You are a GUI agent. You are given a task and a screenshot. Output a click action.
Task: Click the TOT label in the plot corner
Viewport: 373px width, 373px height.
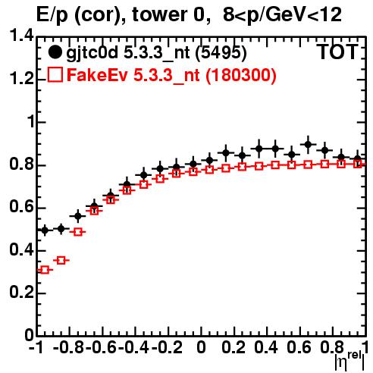[337, 52]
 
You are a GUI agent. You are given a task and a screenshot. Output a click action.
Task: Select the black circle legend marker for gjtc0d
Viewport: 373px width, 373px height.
[55, 52]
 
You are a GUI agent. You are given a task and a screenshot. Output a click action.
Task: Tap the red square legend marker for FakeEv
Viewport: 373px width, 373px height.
[55, 75]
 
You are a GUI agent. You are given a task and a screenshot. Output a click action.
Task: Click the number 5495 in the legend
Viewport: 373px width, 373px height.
[221, 52]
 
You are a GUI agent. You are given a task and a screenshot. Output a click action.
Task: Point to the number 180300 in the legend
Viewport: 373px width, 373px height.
[240, 75]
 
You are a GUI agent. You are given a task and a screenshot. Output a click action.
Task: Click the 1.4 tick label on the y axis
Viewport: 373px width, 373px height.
[21, 36]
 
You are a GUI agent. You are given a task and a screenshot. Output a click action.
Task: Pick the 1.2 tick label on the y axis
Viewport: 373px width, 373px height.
[21, 79]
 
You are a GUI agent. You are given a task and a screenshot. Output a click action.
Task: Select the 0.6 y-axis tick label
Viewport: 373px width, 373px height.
[21, 207]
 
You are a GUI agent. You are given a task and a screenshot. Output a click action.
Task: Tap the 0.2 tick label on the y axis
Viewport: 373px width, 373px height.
[21, 293]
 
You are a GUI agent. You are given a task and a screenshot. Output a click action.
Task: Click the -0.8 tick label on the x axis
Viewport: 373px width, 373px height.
[69, 347]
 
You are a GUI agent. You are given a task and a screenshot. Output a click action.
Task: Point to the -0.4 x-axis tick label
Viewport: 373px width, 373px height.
[134, 347]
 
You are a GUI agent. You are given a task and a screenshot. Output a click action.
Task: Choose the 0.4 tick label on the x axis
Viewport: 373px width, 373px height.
[266, 347]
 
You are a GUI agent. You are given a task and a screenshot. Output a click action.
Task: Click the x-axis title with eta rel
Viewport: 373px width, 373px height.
[349, 360]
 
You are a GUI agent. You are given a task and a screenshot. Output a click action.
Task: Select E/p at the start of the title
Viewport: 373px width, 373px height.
[52, 15]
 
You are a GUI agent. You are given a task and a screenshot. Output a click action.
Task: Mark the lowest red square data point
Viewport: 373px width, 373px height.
[45, 270]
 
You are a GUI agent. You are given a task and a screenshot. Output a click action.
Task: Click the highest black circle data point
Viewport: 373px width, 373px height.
[308, 145]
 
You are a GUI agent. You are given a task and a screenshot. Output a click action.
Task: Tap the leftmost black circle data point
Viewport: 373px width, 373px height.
[45, 230]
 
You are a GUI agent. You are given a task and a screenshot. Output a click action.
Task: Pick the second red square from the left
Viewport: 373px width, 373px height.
[61, 260]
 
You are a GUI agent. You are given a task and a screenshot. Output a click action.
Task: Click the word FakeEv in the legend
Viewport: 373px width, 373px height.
[97, 75]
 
